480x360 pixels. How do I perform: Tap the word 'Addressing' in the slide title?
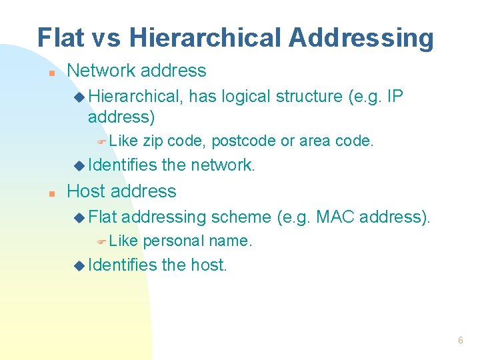click(x=361, y=38)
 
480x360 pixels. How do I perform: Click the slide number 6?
click(x=460, y=340)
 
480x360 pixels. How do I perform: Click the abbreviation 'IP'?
click(x=395, y=97)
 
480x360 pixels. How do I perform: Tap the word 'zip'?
click(x=153, y=141)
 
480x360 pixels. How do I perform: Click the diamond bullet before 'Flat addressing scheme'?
click(x=79, y=217)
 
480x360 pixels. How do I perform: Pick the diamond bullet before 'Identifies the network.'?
click(x=79, y=165)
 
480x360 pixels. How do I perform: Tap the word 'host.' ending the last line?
click(x=209, y=265)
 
